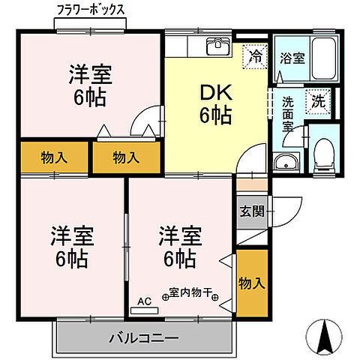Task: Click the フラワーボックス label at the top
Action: tap(91, 10)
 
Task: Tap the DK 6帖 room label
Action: tap(214, 103)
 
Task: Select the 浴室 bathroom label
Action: tap(292, 58)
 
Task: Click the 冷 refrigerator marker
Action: tap(256, 55)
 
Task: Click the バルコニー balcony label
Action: tap(142, 337)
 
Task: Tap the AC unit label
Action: tap(144, 301)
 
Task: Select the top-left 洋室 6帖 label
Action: tap(91, 85)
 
